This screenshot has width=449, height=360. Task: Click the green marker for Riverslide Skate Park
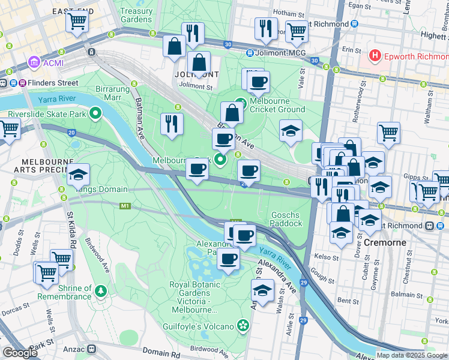pos(95,113)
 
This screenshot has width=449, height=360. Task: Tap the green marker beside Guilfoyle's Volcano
pos(243,326)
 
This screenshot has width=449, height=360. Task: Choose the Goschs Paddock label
pos(286,218)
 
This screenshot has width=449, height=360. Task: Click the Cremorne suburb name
pos(384,242)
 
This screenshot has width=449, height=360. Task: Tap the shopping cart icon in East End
pos(77,22)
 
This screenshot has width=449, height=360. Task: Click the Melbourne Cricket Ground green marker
pos(241,103)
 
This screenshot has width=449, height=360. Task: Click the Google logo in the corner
pos(20,352)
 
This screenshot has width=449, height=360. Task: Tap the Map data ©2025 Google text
pos(412,355)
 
